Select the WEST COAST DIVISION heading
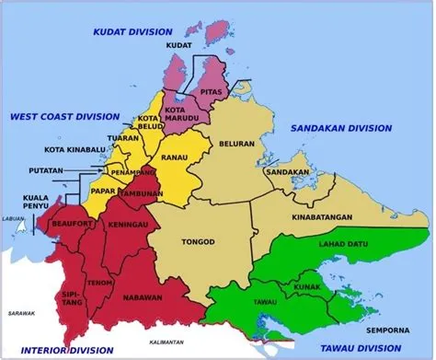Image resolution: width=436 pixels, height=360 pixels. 64,117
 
